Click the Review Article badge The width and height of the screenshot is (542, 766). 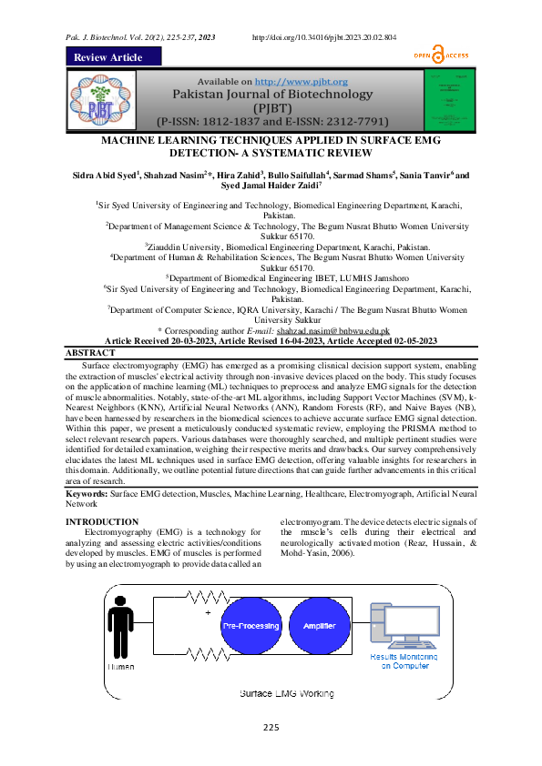108,57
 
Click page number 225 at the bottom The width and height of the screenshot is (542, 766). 271,726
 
